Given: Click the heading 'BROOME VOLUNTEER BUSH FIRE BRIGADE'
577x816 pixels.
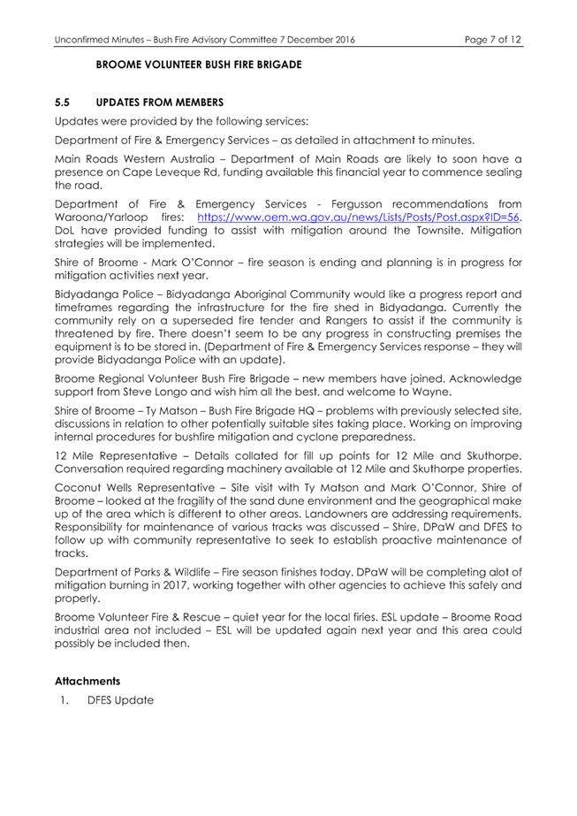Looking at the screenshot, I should point(198,65).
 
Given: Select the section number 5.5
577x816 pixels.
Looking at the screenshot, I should point(64,103).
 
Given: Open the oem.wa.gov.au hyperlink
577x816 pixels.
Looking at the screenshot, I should point(358,217).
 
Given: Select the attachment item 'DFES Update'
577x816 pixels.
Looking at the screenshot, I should point(120,700).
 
